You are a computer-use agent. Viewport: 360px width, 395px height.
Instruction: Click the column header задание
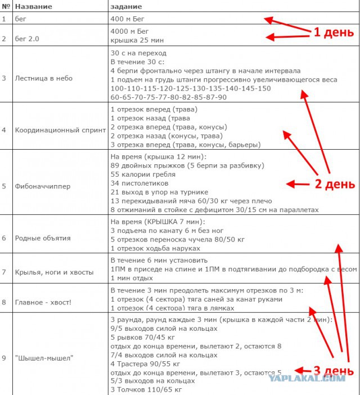click(127, 6)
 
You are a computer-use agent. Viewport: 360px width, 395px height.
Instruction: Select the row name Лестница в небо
click(43, 78)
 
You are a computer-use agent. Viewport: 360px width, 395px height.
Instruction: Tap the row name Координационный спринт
click(60, 130)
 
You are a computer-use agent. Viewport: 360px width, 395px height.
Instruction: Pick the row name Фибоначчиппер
click(42, 186)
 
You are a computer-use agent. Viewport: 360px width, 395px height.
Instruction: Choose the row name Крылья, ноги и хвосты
click(54, 272)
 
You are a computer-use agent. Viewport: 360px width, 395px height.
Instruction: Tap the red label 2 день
click(334, 183)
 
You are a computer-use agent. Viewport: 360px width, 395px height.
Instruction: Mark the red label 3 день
click(333, 370)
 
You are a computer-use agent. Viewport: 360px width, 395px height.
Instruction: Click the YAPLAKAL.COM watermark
click(307, 378)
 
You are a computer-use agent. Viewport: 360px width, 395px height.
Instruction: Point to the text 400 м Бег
click(128, 19)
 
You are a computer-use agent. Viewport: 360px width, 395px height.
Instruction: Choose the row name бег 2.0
click(26, 38)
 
